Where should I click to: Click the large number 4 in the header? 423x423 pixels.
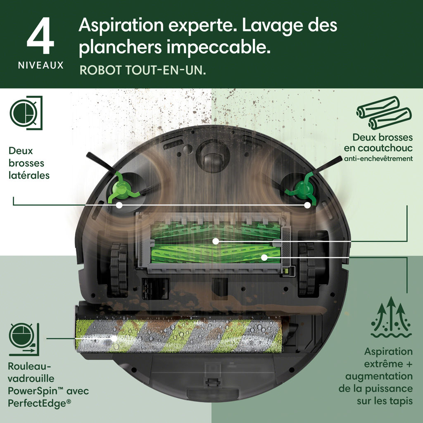(x=40, y=36)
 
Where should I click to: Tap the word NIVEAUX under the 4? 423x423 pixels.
(x=41, y=65)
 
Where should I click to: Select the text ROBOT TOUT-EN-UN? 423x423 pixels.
(x=143, y=70)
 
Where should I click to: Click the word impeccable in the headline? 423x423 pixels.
(x=218, y=47)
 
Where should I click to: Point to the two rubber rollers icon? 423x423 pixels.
(x=384, y=113)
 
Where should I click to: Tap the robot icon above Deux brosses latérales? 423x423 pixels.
(x=26, y=113)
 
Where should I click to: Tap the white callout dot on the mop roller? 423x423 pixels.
(x=114, y=338)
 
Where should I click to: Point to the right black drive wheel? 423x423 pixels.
(x=307, y=269)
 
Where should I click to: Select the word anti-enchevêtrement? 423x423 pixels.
(x=378, y=159)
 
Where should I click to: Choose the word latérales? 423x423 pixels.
(x=29, y=175)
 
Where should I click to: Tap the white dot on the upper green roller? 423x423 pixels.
(x=216, y=241)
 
